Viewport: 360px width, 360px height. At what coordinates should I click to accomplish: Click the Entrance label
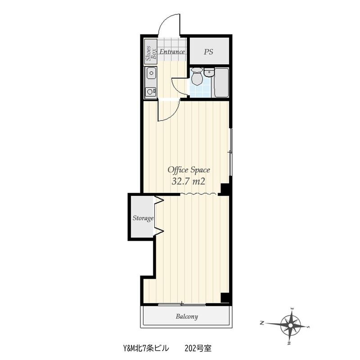pyautogui.click(x=172, y=52)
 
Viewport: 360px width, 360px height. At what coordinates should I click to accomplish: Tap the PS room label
pyautogui.click(x=208, y=52)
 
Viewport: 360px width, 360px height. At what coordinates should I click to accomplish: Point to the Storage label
pyautogui.click(x=143, y=218)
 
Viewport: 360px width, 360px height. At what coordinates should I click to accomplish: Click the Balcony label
pyautogui.click(x=187, y=317)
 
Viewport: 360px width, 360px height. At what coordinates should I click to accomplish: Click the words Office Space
pyautogui.click(x=189, y=170)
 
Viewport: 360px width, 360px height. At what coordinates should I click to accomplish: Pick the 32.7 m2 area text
pyautogui.click(x=188, y=182)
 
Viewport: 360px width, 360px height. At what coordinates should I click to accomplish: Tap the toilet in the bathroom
pyautogui.click(x=197, y=76)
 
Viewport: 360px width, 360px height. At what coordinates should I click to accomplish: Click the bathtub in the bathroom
pyautogui.click(x=221, y=82)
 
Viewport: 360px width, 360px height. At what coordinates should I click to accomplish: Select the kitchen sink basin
pyautogui.click(x=151, y=73)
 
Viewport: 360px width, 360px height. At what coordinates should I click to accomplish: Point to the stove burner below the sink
pyautogui.click(x=151, y=92)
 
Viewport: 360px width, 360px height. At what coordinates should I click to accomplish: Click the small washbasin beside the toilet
pyautogui.click(x=209, y=72)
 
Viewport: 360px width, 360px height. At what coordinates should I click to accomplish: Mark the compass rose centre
pyautogui.click(x=291, y=325)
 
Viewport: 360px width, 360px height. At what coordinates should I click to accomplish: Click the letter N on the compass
pyautogui.click(x=261, y=323)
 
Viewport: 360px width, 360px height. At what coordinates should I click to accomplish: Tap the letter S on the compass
pyautogui.click(x=309, y=327)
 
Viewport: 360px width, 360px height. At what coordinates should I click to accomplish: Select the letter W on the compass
pyautogui.click(x=289, y=343)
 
